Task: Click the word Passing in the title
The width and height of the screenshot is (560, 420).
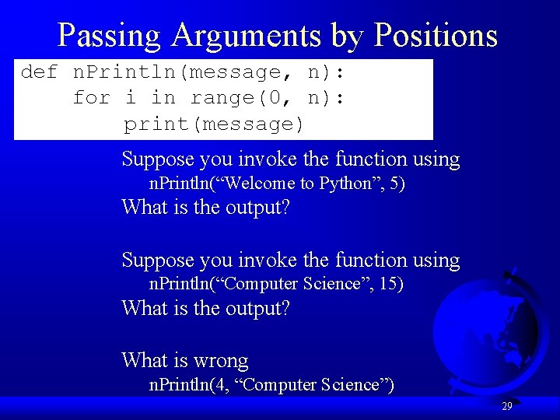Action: click(110, 35)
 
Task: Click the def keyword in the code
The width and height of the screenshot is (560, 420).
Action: click(40, 73)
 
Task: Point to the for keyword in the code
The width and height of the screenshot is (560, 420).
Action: click(91, 98)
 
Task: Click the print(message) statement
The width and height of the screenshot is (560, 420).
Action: click(214, 124)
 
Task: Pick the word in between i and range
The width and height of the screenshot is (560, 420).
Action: click(163, 98)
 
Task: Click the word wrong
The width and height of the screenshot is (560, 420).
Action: click(220, 361)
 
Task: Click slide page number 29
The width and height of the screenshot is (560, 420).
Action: click(506, 406)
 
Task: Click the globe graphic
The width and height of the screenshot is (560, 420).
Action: click(482, 327)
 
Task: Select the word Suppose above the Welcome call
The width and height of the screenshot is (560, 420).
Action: click(158, 160)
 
